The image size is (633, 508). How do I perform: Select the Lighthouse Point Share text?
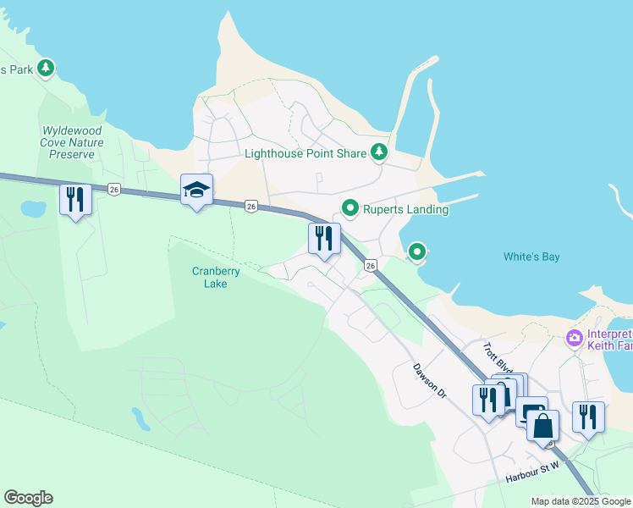[x=305, y=153]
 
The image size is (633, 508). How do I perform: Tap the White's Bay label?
[x=531, y=257]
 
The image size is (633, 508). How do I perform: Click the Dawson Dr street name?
[x=429, y=380]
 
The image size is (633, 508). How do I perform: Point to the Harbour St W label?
[x=533, y=472]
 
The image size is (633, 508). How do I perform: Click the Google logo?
[x=28, y=498]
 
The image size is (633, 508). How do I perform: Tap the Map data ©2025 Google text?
[x=581, y=501]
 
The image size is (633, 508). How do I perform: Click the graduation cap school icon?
[x=196, y=190]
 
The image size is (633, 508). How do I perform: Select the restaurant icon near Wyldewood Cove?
[x=76, y=200]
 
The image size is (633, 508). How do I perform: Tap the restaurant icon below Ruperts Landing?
[x=324, y=239]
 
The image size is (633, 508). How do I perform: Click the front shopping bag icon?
[x=543, y=425]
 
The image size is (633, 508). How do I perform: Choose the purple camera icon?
[x=575, y=339]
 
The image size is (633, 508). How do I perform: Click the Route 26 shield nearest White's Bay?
[x=371, y=266]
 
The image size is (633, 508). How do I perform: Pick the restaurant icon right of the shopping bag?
[x=589, y=417]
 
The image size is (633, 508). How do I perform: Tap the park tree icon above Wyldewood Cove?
[x=46, y=68]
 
